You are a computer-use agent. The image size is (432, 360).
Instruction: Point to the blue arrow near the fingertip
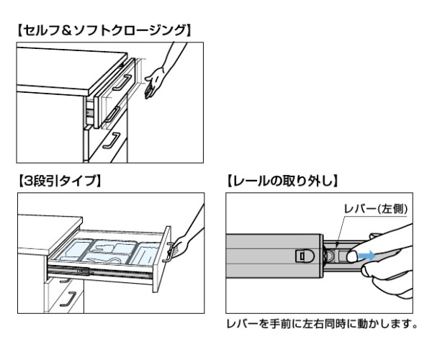coord(367,254)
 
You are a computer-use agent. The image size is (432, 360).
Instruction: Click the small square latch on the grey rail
coord(303,255)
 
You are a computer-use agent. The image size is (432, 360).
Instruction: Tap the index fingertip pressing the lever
coord(351,255)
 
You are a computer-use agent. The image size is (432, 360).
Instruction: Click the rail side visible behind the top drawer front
coord(90,108)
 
